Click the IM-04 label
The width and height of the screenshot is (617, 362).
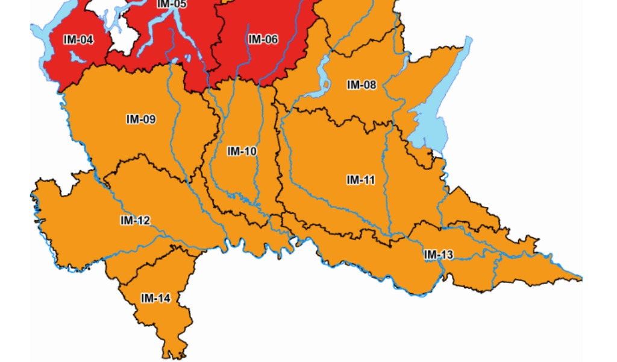coord(78,40)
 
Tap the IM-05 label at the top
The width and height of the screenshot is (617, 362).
coord(172,4)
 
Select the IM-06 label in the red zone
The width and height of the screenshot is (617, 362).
coord(263,40)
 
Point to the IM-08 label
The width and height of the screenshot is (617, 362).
coord(362,85)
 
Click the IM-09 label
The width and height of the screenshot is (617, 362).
coord(141,119)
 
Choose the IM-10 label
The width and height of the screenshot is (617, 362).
coord(242,151)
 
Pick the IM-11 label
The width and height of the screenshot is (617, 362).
coord(361,180)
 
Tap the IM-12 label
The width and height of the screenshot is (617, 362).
coord(135,221)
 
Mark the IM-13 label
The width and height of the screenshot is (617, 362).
coord(438,255)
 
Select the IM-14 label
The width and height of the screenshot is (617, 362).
coord(155,298)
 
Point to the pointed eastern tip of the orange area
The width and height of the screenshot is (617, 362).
coord(580,278)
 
